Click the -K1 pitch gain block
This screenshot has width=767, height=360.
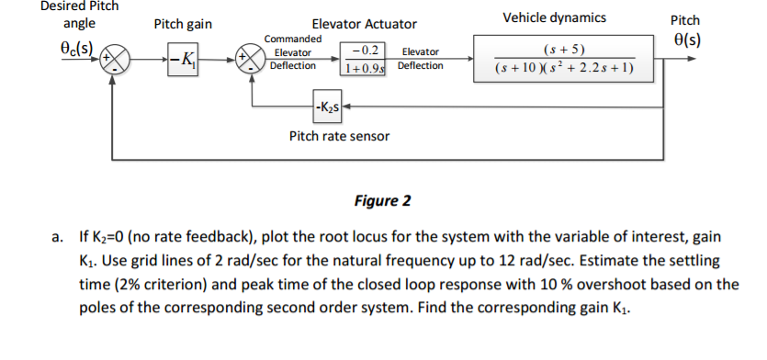pos(183,60)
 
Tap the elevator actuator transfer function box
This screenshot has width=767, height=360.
pos(363,59)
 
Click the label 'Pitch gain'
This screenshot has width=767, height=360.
pos(181,24)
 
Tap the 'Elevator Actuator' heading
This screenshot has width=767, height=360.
pos(364,24)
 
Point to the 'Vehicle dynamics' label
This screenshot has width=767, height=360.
pos(554,17)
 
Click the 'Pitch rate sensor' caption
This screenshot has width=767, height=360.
pos(339,136)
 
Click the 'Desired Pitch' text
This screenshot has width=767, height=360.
pos(80,6)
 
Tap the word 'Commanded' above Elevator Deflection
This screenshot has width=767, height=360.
pos(293,39)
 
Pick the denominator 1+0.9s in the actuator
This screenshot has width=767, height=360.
pos(364,67)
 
